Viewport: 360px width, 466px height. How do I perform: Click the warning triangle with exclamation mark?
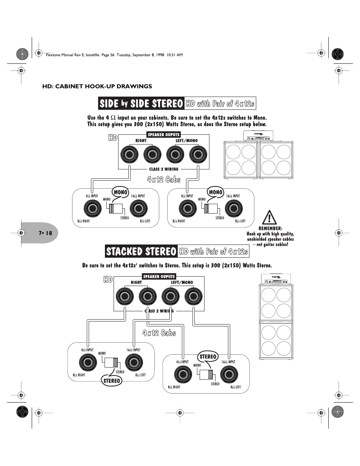pyautogui.click(x=269, y=217)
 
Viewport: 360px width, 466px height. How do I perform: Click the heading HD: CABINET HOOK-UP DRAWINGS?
pyautogui.click(x=97, y=86)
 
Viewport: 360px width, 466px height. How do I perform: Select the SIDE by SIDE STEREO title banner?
pyautogui.click(x=141, y=103)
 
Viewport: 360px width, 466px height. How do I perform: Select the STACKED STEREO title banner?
pyautogui.click(x=141, y=251)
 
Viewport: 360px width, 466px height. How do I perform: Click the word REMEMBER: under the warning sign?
pyautogui.click(x=270, y=228)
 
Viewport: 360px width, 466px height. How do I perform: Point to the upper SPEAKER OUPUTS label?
pyautogui.click(x=164, y=135)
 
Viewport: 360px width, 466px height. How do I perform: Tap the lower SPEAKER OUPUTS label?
pyautogui.click(x=159, y=277)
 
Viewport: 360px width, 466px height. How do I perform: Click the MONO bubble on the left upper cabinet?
pyautogui.click(x=120, y=192)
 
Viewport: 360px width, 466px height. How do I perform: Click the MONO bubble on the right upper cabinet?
pyautogui.click(x=216, y=192)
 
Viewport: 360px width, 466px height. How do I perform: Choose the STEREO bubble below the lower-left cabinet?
pyautogui.click(x=112, y=381)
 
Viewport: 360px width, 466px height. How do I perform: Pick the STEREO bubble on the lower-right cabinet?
pyautogui.click(x=208, y=357)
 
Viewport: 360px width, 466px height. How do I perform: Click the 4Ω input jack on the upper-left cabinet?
pyautogui.click(x=92, y=208)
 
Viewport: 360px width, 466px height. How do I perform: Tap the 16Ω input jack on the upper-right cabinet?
pyautogui.click(x=234, y=208)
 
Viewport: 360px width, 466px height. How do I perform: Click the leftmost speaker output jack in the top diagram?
pyautogui.click(x=129, y=154)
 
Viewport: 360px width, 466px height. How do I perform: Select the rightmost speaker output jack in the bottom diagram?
pyautogui.click(x=194, y=296)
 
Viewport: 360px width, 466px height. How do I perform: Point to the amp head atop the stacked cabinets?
pyautogui.click(x=276, y=279)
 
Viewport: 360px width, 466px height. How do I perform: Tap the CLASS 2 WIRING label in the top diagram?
pyautogui.click(x=164, y=169)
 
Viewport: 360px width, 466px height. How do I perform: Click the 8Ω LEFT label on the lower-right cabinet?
pyautogui.click(x=235, y=387)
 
